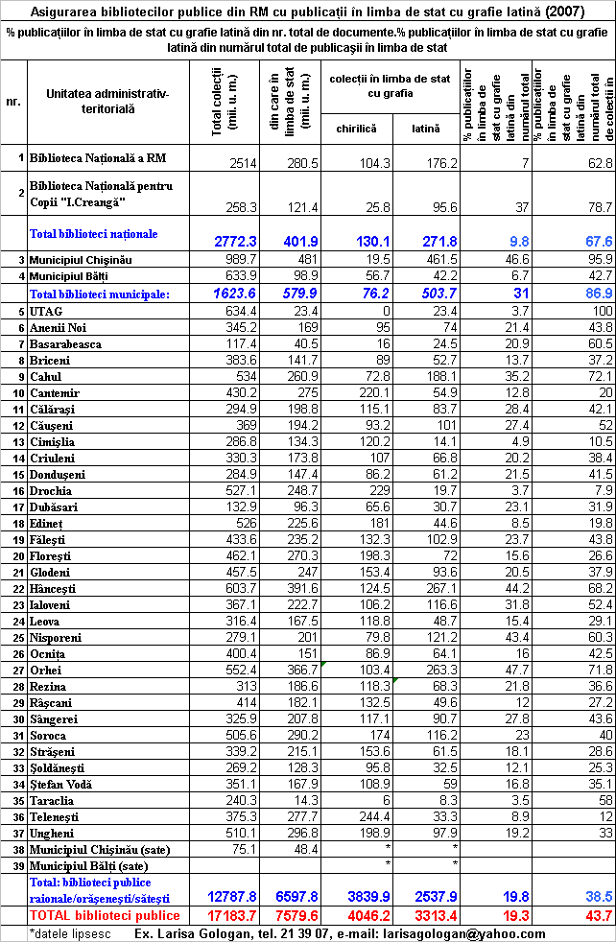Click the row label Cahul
[47, 404]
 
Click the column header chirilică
[356, 128]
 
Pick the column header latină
[426, 128]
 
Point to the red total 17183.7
[229, 916]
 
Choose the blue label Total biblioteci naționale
[94, 233]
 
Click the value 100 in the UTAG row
[601, 312]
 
